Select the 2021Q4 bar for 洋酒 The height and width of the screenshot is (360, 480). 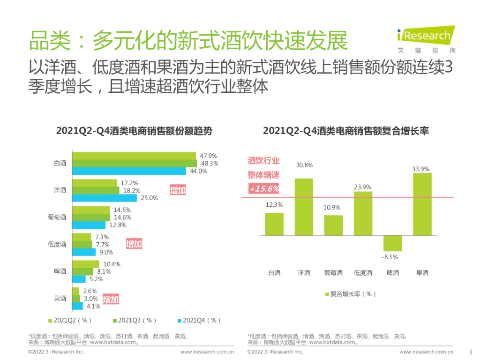105,198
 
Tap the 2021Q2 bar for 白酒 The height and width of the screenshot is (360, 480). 134,156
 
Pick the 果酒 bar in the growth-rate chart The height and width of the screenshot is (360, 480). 422,204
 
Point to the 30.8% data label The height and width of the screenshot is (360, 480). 304,165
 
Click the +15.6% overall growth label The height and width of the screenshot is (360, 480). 264,188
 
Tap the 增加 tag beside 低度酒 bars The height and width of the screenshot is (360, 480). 134,244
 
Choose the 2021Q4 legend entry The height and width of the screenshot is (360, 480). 199,320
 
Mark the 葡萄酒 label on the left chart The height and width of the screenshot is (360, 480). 57,217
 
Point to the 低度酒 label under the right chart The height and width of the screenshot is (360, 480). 363,273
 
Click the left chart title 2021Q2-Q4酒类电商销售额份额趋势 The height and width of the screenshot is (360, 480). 134,131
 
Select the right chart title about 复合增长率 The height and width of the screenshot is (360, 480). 346,131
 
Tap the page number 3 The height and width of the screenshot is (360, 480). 471,352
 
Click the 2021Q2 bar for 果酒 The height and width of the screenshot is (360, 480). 75,291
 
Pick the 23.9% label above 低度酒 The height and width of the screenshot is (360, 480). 363,187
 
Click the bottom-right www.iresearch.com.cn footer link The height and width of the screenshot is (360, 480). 426,352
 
